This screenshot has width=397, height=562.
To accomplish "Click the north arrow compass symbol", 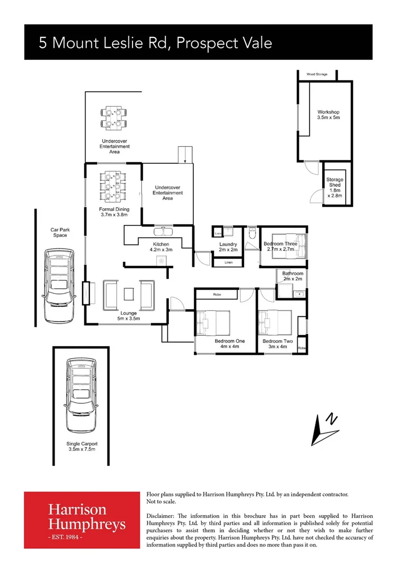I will (x=324, y=430).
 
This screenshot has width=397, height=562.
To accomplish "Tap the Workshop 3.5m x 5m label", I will (x=328, y=115).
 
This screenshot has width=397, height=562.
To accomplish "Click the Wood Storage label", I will (x=316, y=74).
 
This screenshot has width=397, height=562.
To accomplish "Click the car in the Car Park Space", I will (x=58, y=284).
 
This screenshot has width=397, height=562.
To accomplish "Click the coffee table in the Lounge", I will (x=128, y=295).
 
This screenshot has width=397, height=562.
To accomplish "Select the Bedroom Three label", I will (x=281, y=246).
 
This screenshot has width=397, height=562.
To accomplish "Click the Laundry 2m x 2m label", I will (x=228, y=247).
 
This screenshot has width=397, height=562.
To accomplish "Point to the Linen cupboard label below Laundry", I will (x=229, y=262).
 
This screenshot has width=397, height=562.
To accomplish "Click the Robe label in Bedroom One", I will (x=217, y=295).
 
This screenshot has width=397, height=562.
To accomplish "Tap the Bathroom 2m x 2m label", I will (x=293, y=276).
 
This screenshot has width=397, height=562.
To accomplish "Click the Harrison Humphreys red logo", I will (x=82, y=519).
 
